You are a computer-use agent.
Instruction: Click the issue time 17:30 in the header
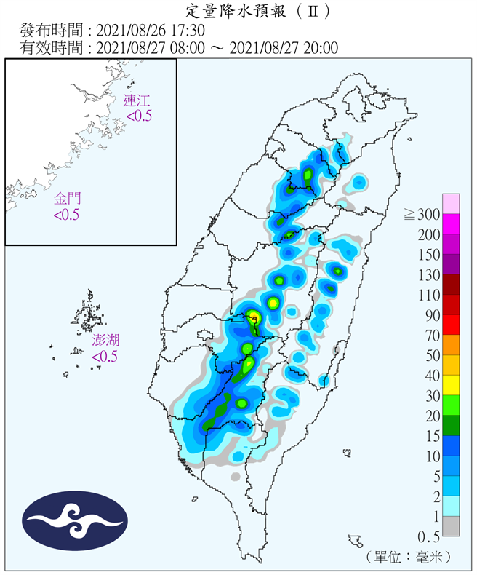(x=188, y=31)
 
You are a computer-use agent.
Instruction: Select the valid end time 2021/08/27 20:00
(x=284, y=48)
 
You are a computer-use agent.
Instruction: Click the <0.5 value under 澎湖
(x=105, y=357)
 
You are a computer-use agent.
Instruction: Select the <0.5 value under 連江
(x=138, y=116)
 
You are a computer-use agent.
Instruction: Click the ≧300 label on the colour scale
(x=422, y=215)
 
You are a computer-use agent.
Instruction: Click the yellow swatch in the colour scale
(x=451, y=386)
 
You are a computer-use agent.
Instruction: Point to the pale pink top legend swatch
(x=451, y=204)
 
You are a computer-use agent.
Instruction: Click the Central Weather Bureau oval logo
(x=75, y=521)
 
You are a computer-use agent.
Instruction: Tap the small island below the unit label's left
(x=356, y=541)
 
